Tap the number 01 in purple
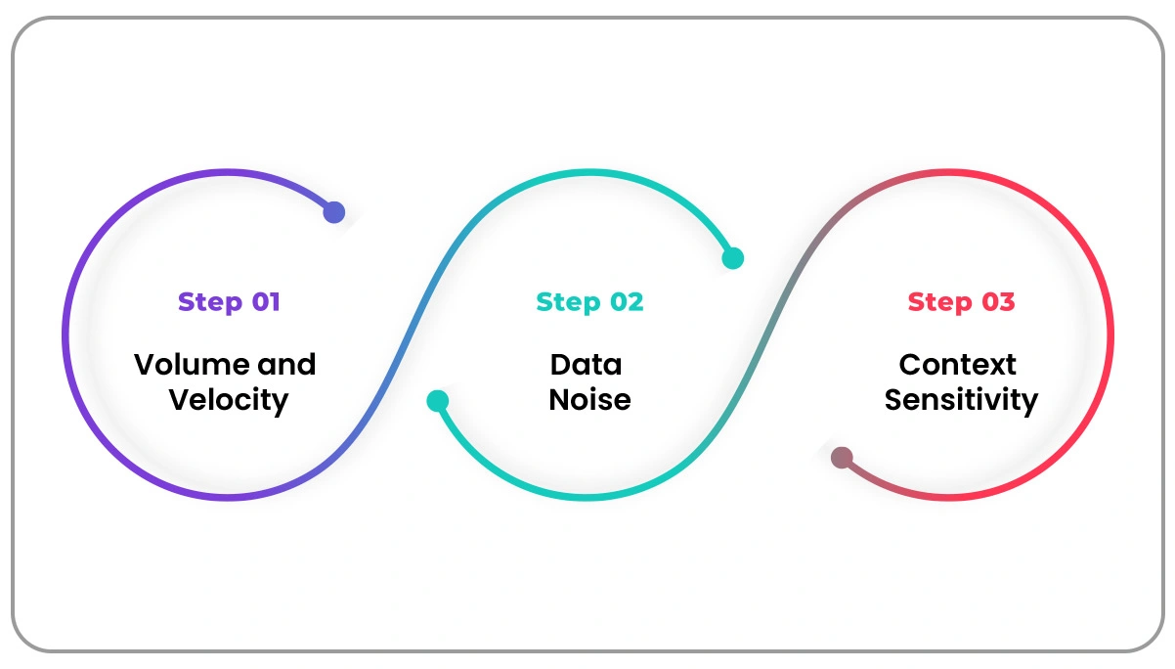(265, 302)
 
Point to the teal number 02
(627, 302)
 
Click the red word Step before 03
(939, 302)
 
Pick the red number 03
(997, 302)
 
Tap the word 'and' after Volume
(286, 365)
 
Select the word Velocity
(228, 400)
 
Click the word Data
(587, 365)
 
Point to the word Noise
(589, 400)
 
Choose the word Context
(958, 365)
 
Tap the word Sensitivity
(961, 400)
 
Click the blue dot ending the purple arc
(334, 212)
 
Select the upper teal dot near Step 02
(732, 258)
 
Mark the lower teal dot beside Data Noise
(438, 401)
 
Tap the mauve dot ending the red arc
(842, 458)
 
